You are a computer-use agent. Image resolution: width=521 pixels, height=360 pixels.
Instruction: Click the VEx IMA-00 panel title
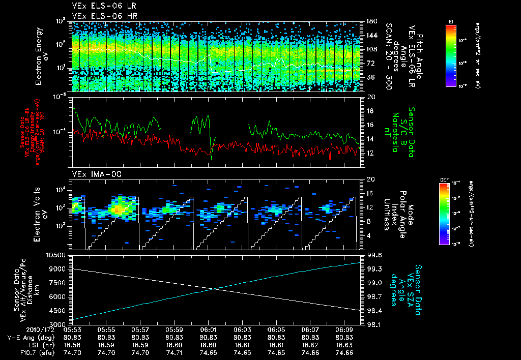[x=92, y=174]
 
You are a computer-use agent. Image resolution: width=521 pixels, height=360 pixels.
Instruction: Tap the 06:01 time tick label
[x=209, y=329]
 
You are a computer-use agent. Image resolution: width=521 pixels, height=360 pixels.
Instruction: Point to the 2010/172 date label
[x=21, y=329]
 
